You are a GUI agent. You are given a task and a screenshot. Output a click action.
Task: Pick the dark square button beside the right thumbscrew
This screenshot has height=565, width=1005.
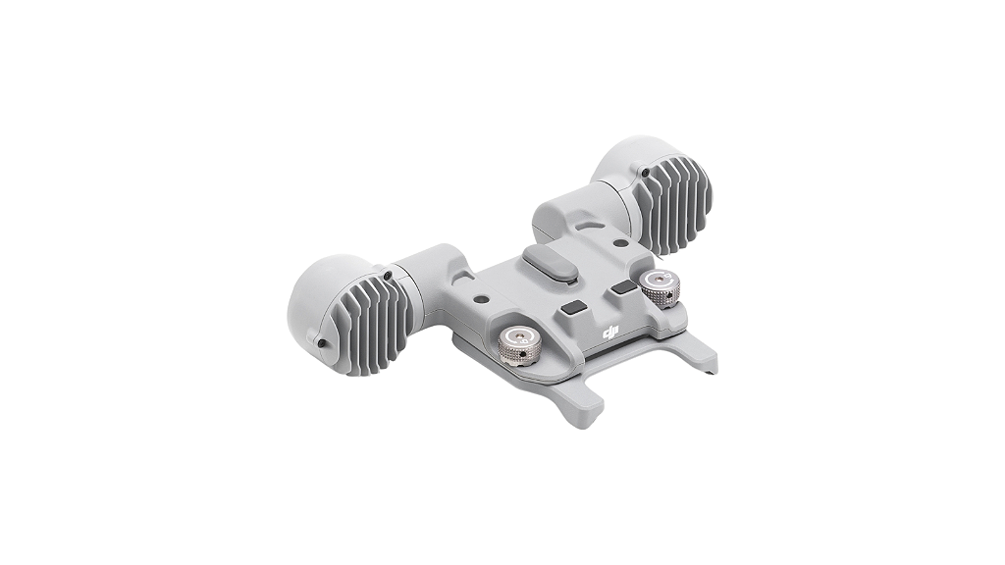tap(624, 288)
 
